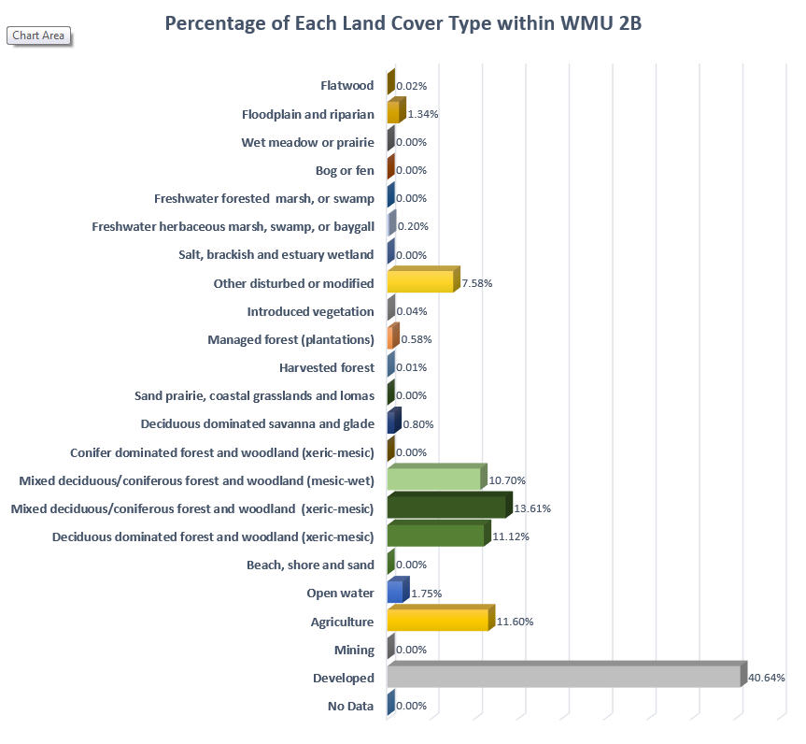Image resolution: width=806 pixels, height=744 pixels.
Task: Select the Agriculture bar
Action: click(437, 621)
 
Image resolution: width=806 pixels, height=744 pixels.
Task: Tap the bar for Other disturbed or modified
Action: click(420, 282)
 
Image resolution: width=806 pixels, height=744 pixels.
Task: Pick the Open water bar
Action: click(395, 593)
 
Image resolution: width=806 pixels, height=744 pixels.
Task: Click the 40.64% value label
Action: click(767, 678)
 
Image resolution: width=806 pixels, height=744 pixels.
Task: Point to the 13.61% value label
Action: click(532, 508)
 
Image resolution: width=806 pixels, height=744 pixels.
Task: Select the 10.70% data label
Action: click(507, 480)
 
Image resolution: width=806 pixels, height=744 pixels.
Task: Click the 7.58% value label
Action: click(477, 282)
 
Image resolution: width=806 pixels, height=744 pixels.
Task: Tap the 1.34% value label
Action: click(423, 114)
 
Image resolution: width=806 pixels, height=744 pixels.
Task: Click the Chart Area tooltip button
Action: click(39, 36)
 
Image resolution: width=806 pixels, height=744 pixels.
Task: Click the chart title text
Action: click(403, 22)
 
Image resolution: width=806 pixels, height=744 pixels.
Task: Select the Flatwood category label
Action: click(347, 86)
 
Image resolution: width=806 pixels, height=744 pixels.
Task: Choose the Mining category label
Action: click(354, 650)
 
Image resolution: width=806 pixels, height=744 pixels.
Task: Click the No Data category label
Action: click(351, 706)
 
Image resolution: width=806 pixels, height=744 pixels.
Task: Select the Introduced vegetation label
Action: click(310, 311)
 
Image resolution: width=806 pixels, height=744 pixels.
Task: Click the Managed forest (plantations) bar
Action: click(392, 338)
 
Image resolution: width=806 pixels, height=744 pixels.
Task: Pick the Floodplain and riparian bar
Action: click(393, 114)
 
